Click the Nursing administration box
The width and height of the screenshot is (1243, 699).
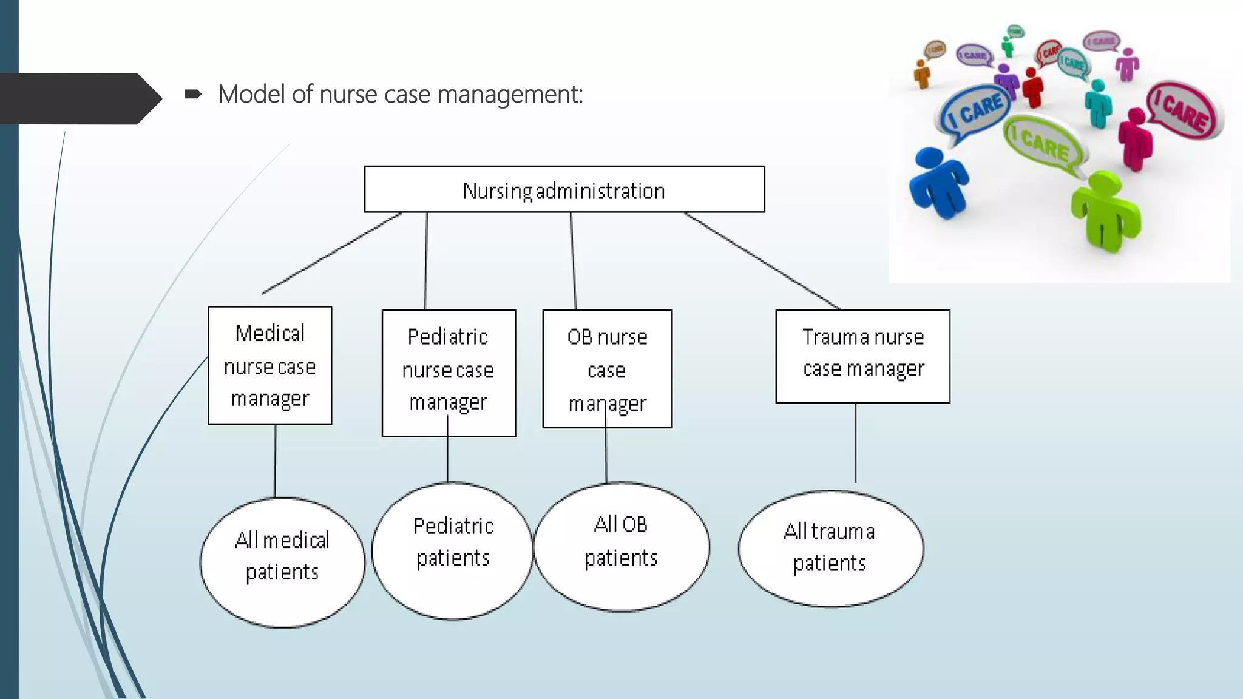coord(564,189)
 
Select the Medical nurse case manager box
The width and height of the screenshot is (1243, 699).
coord(270,365)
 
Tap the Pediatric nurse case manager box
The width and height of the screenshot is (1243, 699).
coord(449,373)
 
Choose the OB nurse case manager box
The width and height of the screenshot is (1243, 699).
coord(607,369)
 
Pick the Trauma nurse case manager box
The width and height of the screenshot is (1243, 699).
coord(862,356)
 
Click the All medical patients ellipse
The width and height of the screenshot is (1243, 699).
coord(283,562)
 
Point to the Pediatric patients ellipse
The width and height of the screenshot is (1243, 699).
coord(453,550)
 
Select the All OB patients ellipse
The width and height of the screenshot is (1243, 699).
coord(621,547)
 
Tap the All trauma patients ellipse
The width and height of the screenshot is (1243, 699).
coord(830,548)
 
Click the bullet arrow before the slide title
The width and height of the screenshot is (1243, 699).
coord(193,94)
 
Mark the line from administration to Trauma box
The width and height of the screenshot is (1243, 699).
coord(762,260)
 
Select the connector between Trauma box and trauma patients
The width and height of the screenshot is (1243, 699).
coord(856,443)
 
